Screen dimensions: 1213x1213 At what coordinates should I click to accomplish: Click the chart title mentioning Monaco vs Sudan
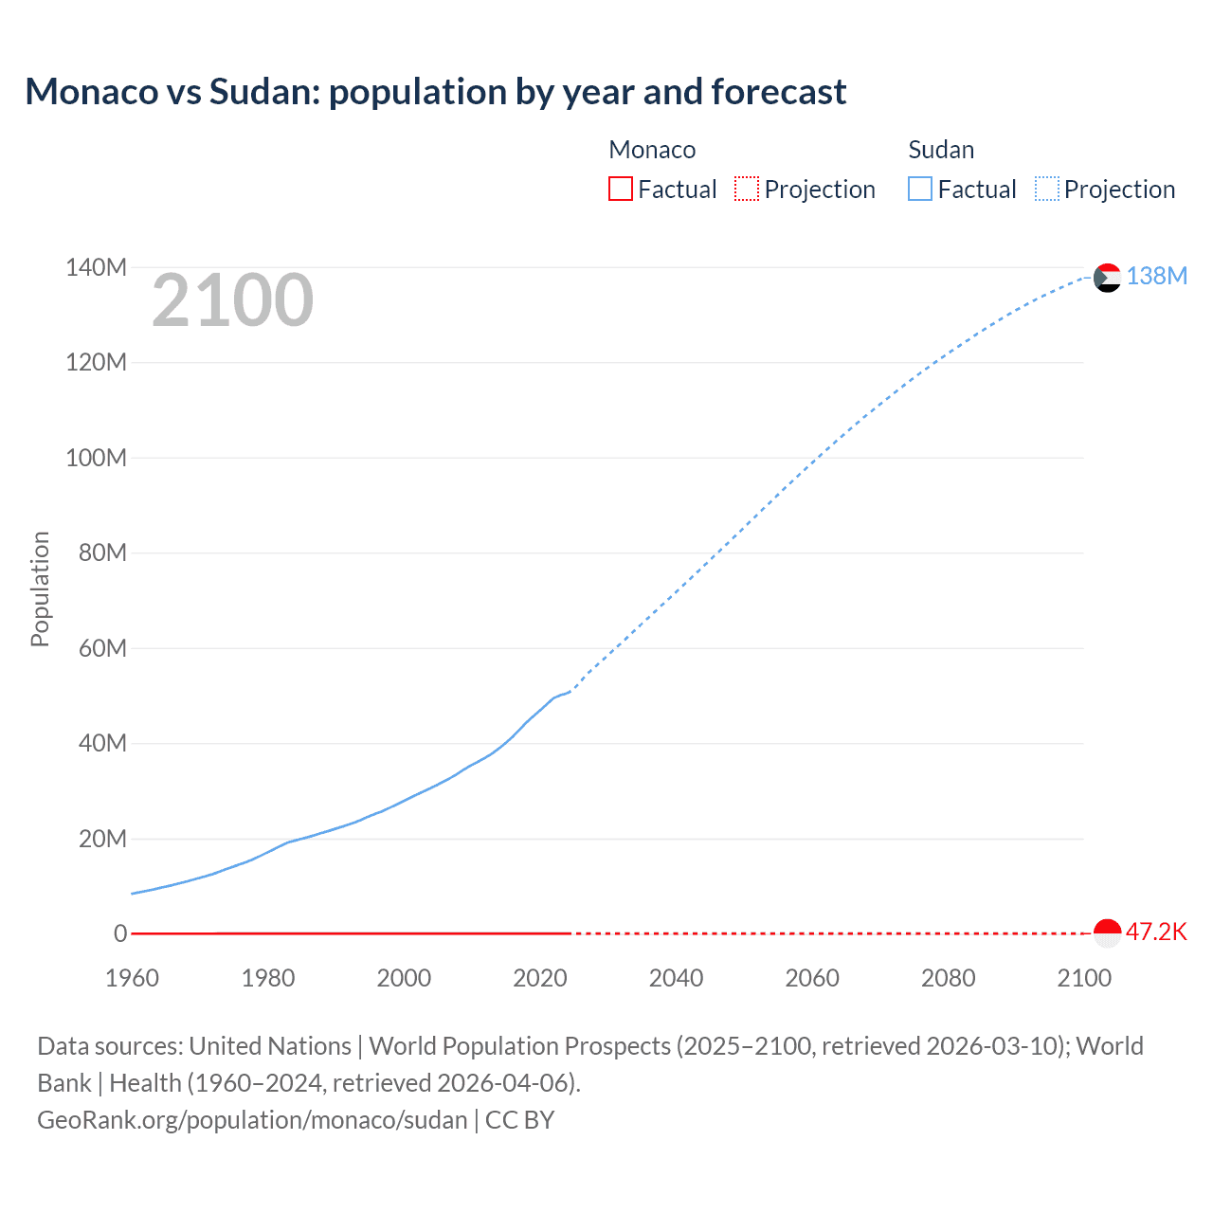(435, 92)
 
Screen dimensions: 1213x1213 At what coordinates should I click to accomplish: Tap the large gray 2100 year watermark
(232, 300)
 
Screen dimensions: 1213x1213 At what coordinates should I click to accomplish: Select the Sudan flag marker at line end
(1107, 278)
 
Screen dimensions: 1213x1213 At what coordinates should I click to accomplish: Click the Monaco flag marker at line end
(1107, 932)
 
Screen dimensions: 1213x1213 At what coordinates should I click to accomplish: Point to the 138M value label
(1156, 276)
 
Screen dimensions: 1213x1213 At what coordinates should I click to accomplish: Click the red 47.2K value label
(1156, 932)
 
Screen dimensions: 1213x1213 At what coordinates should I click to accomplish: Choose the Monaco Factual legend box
(621, 190)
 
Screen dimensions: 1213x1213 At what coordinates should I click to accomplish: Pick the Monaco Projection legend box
(747, 190)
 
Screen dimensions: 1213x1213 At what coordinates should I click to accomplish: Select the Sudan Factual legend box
(920, 190)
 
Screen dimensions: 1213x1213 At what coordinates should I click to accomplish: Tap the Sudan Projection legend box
(1047, 190)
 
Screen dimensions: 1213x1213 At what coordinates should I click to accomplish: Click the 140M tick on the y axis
(96, 268)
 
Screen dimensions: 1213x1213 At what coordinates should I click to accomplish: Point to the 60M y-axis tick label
(101, 649)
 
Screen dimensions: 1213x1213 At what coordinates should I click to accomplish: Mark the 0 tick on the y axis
(120, 934)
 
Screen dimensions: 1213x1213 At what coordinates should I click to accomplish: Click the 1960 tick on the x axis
(132, 978)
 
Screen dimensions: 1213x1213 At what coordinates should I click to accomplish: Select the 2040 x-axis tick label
(676, 978)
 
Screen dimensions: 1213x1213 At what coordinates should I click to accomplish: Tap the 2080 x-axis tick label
(948, 978)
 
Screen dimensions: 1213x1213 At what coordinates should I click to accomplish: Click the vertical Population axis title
(40, 588)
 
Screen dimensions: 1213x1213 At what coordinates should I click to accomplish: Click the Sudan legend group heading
(941, 150)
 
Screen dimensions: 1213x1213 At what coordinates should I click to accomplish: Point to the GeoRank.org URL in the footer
(252, 1120)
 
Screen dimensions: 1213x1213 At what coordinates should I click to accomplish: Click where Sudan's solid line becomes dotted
(570, 692)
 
